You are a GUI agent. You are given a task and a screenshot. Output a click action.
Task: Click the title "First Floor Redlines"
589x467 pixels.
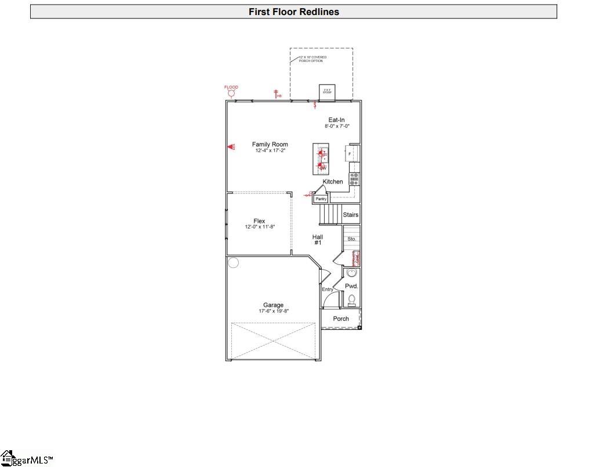coord(294,12)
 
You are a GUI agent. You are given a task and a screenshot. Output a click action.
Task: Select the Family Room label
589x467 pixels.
coord(270,145)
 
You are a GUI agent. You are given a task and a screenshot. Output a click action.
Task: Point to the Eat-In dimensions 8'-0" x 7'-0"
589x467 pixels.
coord(337,126)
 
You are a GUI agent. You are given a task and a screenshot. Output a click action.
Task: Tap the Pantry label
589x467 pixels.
coord(321,199)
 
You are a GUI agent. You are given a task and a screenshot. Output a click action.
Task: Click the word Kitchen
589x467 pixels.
coord(333,182)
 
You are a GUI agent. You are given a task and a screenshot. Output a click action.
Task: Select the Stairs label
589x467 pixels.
coord(351,215)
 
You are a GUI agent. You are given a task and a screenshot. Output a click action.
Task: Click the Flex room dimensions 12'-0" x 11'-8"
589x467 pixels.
coord(259,227)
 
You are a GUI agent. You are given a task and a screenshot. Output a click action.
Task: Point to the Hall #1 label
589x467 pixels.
coord(318,240)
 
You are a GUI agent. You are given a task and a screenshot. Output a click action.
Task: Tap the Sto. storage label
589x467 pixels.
coord(351,238)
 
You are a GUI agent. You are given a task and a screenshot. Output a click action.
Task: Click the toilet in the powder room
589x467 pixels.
coord(351,300)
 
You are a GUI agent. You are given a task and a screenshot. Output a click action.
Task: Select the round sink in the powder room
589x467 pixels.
coord(351,274)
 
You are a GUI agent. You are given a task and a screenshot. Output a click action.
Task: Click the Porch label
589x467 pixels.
coord(341,319)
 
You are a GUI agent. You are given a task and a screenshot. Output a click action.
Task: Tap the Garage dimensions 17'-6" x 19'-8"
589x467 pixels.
coord(274,311)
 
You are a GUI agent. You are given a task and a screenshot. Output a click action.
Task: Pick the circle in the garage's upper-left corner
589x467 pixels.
coord(233,263)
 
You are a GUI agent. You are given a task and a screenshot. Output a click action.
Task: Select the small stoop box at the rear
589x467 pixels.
coord(327,91)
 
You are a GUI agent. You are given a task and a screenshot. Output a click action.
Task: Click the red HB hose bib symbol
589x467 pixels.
coord(277,94)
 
